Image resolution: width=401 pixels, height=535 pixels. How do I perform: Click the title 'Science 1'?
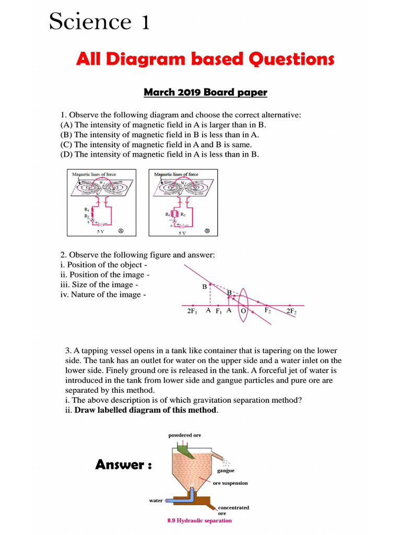tap(99, 22)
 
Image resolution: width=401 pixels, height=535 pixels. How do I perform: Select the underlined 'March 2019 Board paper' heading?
tap(205, 92)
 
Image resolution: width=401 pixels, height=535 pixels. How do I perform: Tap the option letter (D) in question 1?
tap(66, 154)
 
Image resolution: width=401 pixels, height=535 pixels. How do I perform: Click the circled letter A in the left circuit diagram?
tap(121, 230)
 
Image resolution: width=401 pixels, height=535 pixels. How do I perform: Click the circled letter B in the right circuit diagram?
tap(207, 230)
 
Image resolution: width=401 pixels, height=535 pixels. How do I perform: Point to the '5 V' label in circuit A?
tap(93, 231)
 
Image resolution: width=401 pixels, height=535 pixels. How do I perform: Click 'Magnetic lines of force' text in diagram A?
tap(94, 174)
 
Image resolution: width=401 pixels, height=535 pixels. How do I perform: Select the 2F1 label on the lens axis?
tap(192, 310)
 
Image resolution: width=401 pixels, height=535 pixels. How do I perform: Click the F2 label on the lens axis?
tap(267, 310)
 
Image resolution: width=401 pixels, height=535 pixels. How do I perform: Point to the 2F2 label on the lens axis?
tap(291, 311)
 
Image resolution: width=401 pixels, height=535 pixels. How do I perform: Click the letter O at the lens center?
tap(243, 311)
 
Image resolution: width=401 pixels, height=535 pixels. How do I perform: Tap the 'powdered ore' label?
tap(184, 435)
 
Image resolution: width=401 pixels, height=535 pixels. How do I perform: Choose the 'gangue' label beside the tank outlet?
tap(226, 470)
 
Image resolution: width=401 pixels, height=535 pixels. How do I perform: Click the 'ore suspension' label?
tap(230, 483)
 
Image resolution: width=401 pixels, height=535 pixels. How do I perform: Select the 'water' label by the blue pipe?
tap(156, 500)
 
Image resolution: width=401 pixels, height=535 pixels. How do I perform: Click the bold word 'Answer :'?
tap(123, 464)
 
